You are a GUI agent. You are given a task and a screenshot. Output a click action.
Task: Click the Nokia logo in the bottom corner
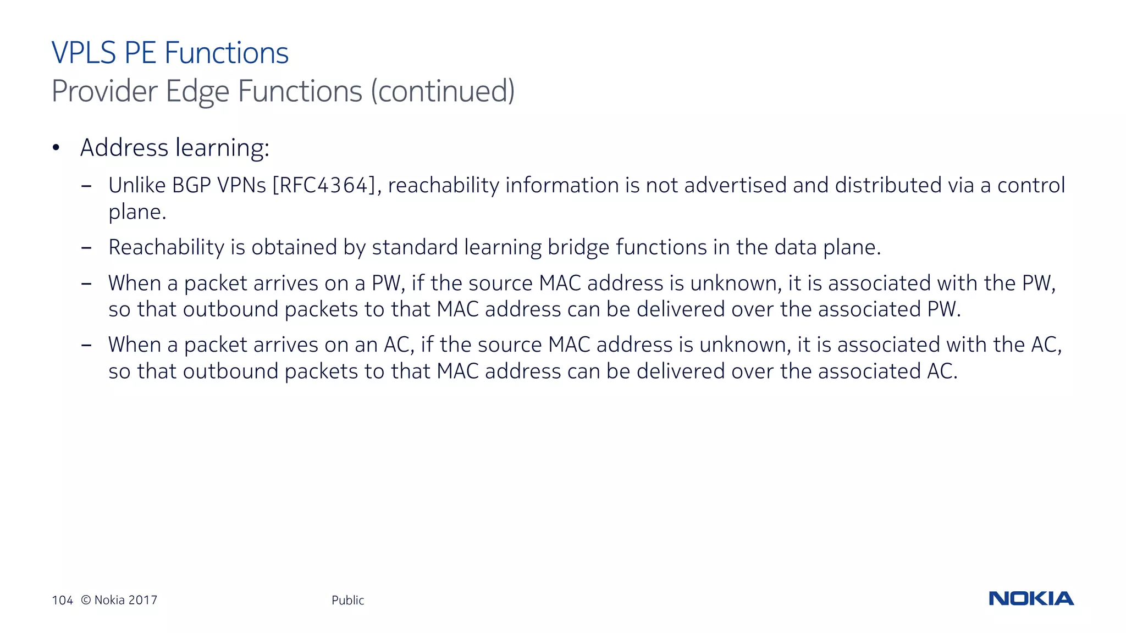1031,598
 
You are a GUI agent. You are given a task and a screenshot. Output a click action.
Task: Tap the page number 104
62,600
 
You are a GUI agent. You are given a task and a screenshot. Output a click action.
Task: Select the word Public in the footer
347,600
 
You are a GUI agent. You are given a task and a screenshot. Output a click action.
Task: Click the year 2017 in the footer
142,600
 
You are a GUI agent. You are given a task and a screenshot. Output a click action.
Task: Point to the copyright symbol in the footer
86,600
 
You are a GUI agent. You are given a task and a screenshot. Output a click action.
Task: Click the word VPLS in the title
84,53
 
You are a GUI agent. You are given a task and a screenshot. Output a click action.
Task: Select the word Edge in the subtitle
197,91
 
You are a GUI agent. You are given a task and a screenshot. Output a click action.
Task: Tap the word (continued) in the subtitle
443,91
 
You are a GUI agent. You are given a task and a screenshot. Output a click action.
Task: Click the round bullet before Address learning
56,147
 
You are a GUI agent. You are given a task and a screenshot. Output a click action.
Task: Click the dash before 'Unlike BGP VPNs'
86,186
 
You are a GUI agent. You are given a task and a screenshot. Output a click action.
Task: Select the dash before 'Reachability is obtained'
86,248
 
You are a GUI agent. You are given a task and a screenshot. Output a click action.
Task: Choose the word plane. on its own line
137,212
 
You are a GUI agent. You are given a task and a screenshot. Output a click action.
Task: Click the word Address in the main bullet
124,147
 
